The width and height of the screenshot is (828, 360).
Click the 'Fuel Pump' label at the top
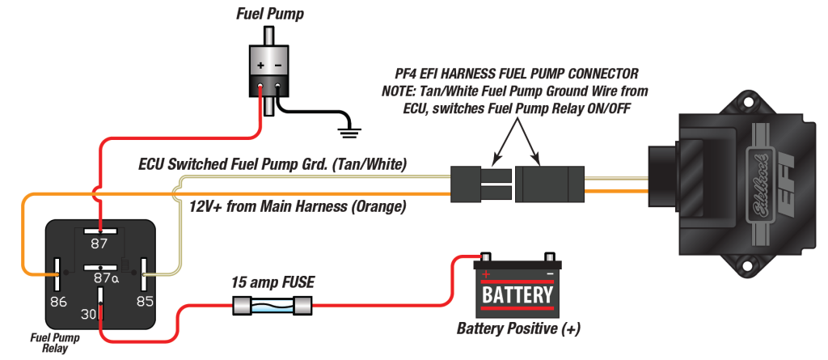tap(270, 14)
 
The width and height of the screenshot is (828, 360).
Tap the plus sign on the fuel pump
tap(260, 66)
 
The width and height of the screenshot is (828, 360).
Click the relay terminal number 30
tap(88, 312)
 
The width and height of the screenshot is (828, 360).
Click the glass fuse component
tap(271, 307)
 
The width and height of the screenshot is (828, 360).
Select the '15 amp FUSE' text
tap(271, 282)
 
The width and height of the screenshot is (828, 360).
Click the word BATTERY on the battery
tap(517, 294)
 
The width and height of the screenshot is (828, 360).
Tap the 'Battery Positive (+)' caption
tap(518, 329)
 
